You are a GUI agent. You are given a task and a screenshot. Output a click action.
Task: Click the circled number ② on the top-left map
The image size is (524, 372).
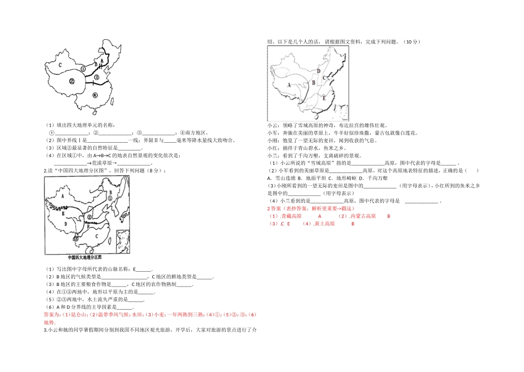point(72,81)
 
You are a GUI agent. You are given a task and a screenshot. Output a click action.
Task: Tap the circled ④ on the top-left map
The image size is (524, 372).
point(94,94)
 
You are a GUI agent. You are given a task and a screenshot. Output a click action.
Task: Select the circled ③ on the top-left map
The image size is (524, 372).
point(96,77)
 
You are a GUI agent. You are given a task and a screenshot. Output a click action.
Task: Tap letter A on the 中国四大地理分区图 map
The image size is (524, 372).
point(63,196)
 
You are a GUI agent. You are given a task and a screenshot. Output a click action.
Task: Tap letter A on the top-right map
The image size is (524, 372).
point(290,85)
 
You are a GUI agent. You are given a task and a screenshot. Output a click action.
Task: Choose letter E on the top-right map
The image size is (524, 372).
point(324,98)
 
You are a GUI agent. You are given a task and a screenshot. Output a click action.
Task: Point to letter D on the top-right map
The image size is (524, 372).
point(319,71)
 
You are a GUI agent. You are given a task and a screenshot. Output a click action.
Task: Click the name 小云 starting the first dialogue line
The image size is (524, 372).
point(271,126)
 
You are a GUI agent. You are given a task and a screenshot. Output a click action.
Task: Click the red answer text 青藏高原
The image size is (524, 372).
point(290,217)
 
